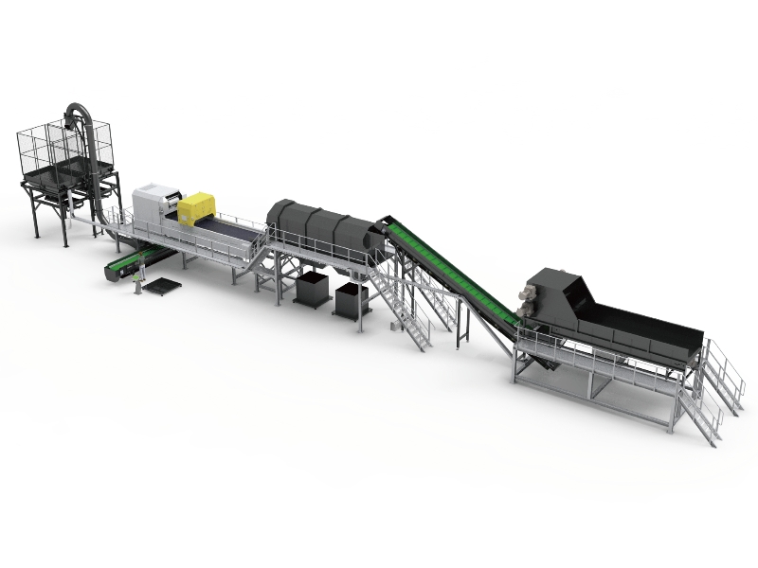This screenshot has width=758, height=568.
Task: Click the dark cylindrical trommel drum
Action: pyautogui.click(x=317, y=227)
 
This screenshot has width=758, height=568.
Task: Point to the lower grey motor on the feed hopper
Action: pyautogui.click(x=524, y=319)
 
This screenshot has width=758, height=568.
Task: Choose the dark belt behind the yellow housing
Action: pyautogui.click(x=232, y=228)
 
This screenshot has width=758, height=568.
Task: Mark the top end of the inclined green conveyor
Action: pyautogui.click(x=388, y=225)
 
